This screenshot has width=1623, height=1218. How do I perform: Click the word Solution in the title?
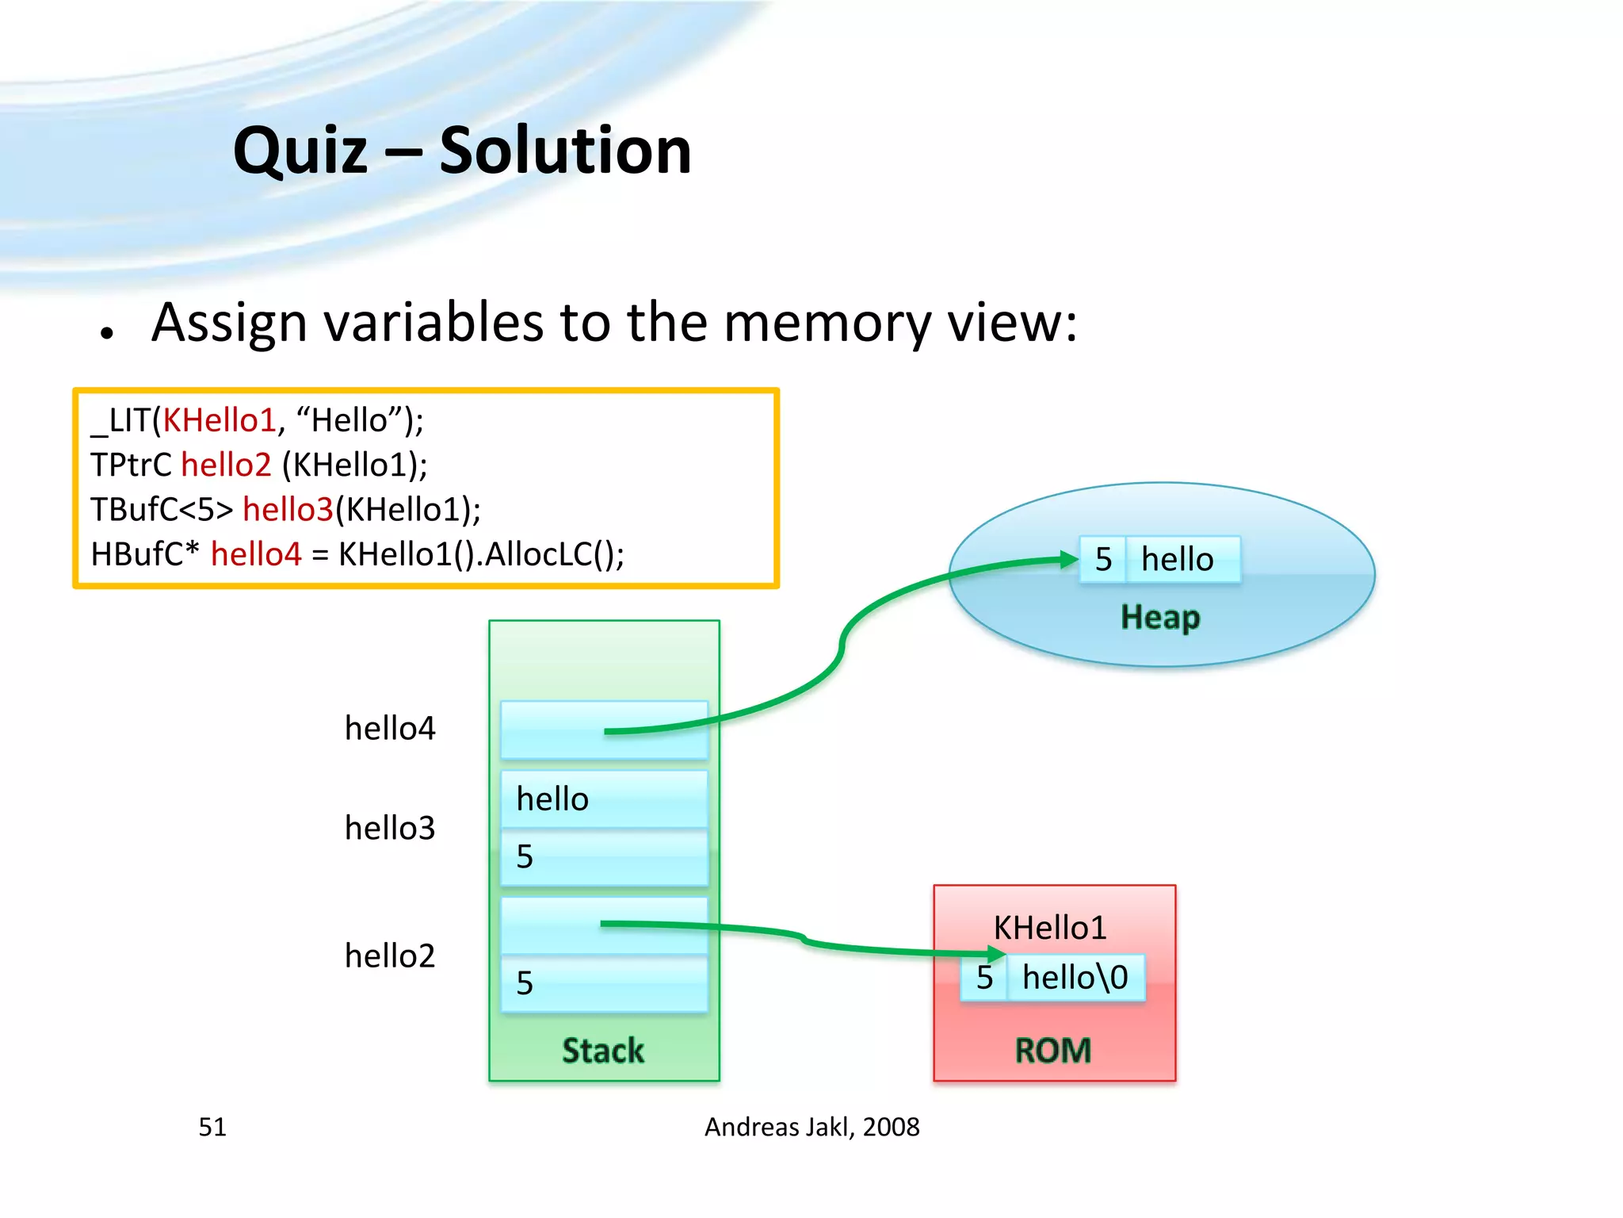(x=564, y=151)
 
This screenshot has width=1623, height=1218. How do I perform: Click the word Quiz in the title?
(x=301, y=151)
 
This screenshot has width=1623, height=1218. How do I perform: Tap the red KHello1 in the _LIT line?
(x=219, y=420)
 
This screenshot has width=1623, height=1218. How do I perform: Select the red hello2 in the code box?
(x=226, y=465)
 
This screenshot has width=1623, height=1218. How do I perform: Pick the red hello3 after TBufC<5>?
(x=288, y=509)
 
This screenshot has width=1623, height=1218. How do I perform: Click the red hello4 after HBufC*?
(x=256, y=553)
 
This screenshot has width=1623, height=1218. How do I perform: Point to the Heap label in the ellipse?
(x=1160, y=617)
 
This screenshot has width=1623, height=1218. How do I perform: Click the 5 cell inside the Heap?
(x=1102, y=560)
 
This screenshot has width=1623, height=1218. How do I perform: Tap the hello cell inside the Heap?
(x=1181, y=560)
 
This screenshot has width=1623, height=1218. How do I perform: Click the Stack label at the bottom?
(x=603, y=1051)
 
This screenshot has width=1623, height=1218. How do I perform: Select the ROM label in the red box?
(x=1053, y=1051)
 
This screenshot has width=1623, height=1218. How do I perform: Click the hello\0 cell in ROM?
(x=1075, y=978)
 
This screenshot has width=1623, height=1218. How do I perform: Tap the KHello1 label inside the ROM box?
(x=1050, y=928)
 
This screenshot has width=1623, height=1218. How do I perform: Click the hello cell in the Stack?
(x=604, y=799)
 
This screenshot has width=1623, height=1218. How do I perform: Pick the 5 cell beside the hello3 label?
(x=604, y=857)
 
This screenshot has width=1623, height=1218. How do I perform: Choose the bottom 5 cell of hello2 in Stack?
(x=604, y=984)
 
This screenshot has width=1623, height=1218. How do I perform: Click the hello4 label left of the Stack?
(x=390, y=728)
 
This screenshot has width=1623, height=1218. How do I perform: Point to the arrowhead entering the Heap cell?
(x=1070, y=560)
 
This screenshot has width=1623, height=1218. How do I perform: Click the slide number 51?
(x=212, y=1127)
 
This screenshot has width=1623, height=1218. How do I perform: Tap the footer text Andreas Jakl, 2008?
(x=811, y=1127)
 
